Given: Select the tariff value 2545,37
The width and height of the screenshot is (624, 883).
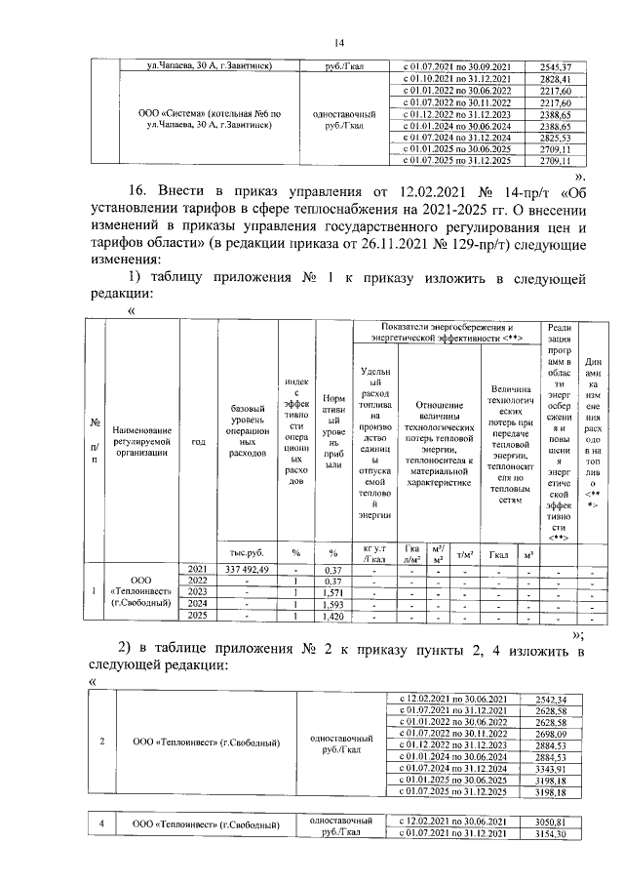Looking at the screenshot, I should tap(553, 66).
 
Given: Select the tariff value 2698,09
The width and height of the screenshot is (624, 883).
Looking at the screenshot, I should tap(553, 734).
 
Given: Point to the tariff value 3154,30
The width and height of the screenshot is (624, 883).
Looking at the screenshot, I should tap(553, 833).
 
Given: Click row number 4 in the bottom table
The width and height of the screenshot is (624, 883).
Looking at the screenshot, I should tap(102, 826).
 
